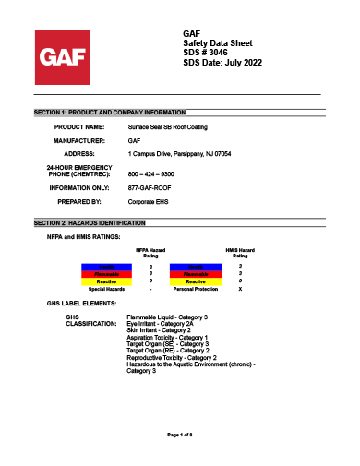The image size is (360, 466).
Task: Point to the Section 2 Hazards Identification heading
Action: pos(90,223)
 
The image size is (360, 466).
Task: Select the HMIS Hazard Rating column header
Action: pos(240,253)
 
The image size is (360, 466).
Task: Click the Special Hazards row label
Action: pos(102,289)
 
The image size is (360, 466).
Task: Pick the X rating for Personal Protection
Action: pos(240,289)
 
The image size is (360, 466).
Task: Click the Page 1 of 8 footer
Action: pos(180,434)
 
